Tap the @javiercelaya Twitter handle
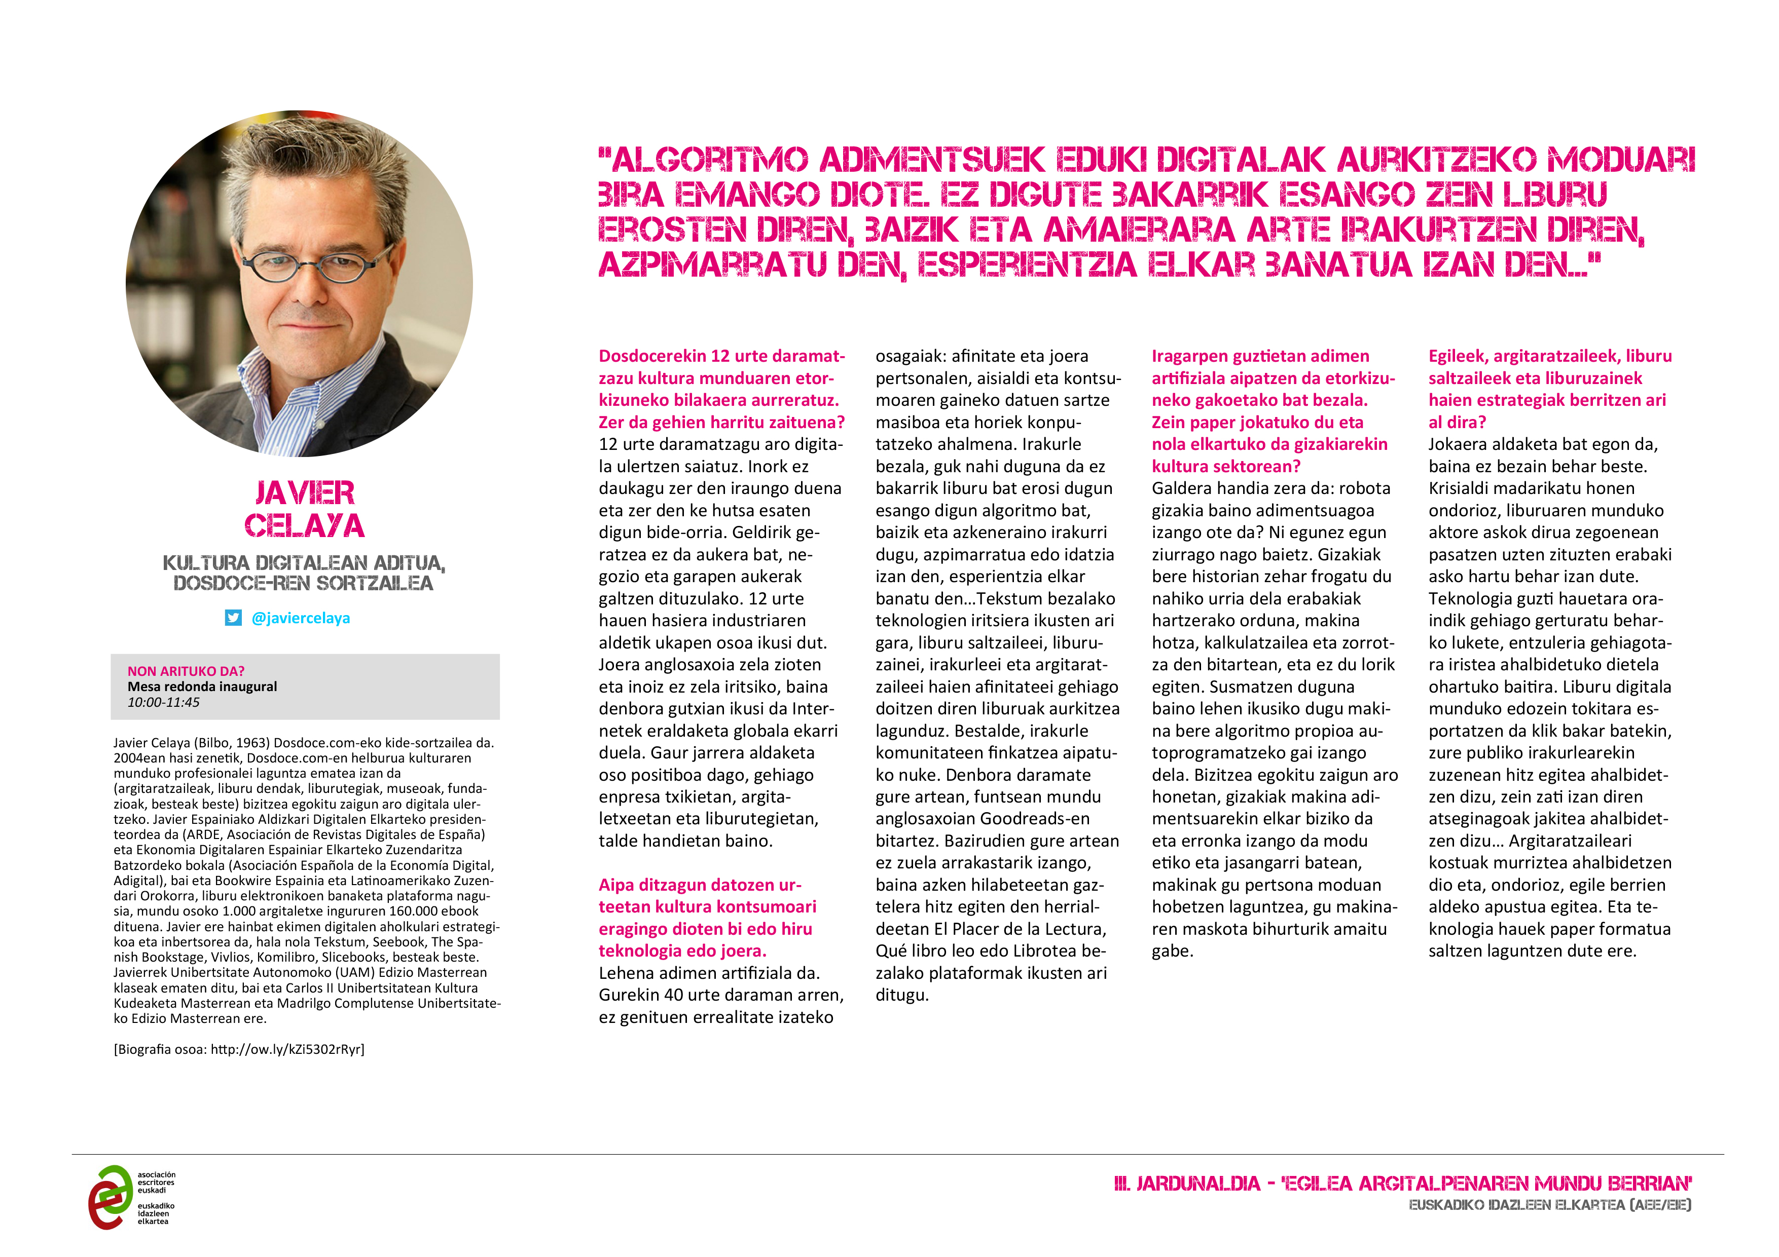click(301, 618)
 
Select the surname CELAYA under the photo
click(305, 526)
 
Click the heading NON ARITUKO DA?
click(186, 671)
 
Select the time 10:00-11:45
click(163, 702)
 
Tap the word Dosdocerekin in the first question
click(651, 356)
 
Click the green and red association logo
click(111, 1197)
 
